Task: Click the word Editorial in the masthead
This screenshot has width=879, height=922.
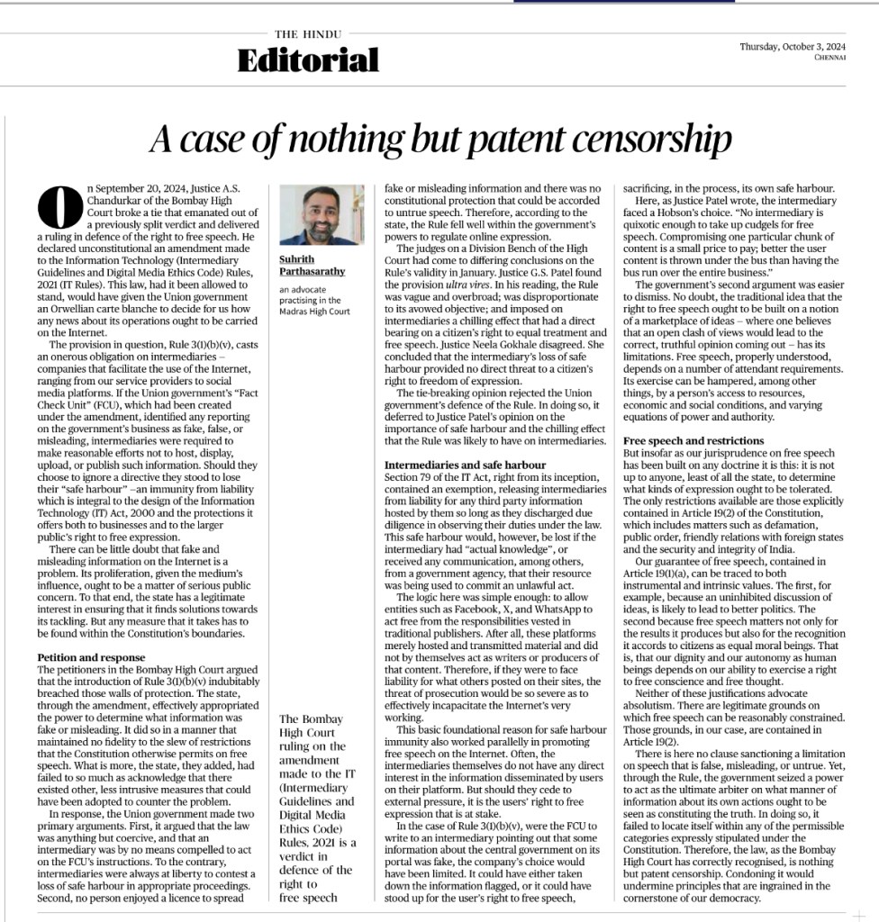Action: [x=308, y=60]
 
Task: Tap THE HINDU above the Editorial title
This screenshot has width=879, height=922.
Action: [x=308, y=34]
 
